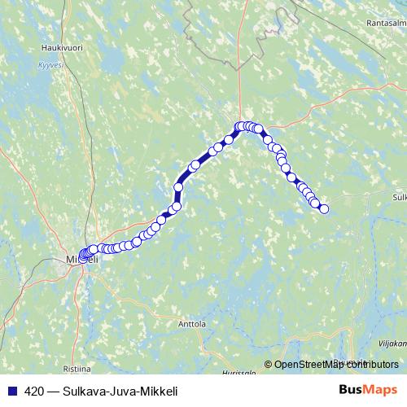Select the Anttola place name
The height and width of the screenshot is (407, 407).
[x=192, y=323]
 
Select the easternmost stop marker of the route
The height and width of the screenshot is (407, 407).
[x=324, y=209]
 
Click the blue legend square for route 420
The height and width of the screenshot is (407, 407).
[x=9, y=390]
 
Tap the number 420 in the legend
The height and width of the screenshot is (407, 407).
[x=28, y=390]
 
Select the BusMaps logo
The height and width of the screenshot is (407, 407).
[x=368, y=390]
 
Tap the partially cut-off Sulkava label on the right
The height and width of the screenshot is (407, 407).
[x=399, y=197]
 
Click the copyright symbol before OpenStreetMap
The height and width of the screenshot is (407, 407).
[x=269, y=365]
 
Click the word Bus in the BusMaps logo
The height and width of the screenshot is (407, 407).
[x=351, y=390]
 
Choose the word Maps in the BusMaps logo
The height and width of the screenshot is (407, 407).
[x=380, y=390]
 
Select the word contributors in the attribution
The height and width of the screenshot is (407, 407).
[x=374, y=365]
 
